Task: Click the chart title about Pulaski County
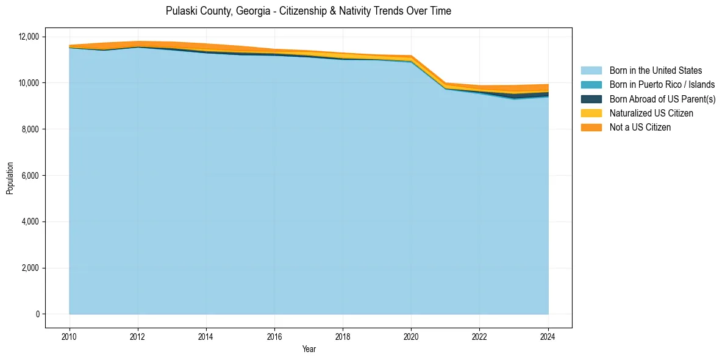309,11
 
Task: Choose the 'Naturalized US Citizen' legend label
651,113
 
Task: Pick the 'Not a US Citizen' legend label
640,128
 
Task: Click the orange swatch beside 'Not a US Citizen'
591,128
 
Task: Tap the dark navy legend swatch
591,99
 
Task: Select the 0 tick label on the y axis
37,314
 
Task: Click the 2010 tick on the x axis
70,336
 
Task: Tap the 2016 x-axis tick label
274,336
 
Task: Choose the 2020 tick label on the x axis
411,336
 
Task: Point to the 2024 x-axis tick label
548,336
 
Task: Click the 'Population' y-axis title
10,178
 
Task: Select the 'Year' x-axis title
309,349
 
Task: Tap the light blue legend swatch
591,71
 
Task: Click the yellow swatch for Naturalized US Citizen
591,113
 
